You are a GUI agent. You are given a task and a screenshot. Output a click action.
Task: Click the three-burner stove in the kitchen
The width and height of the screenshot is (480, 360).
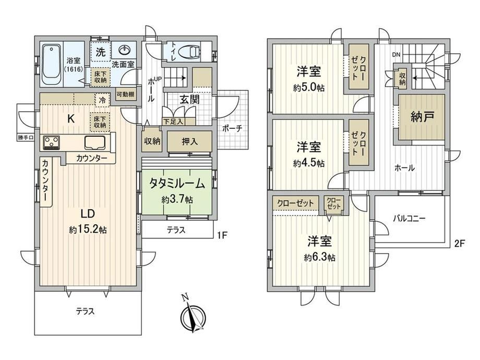[52, 142]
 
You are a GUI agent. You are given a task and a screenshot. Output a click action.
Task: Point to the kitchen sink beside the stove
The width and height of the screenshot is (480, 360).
[95, 142]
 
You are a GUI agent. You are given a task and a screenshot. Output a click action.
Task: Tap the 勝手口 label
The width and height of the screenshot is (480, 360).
[26, 137]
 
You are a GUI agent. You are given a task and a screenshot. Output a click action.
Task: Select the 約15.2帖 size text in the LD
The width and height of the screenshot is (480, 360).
[88, 230]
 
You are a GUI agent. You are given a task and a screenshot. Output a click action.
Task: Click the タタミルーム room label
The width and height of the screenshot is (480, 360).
[177, 183]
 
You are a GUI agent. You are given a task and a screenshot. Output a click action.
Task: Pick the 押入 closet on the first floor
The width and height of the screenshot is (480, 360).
[190, 141]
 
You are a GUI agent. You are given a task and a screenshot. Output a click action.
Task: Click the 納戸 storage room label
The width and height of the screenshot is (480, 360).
[422, 117]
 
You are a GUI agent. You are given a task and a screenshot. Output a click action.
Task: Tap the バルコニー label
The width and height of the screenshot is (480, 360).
[409, 219]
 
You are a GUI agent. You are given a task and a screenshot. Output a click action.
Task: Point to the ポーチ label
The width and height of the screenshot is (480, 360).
[232, 128]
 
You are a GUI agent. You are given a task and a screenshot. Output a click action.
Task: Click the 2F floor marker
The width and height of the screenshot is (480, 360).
[460, 243]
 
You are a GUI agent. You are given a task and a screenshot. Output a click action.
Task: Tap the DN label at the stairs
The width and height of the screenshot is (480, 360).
[397, 55]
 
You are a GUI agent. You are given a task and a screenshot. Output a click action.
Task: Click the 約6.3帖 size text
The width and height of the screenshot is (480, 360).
[320, 258]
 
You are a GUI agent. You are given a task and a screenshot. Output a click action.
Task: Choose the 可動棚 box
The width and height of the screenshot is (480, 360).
[125, 94]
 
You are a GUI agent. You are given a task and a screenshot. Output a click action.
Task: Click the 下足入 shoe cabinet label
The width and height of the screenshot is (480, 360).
[173, 122]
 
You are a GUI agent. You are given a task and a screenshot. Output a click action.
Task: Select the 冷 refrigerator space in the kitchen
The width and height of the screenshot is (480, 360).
[103, 100]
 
